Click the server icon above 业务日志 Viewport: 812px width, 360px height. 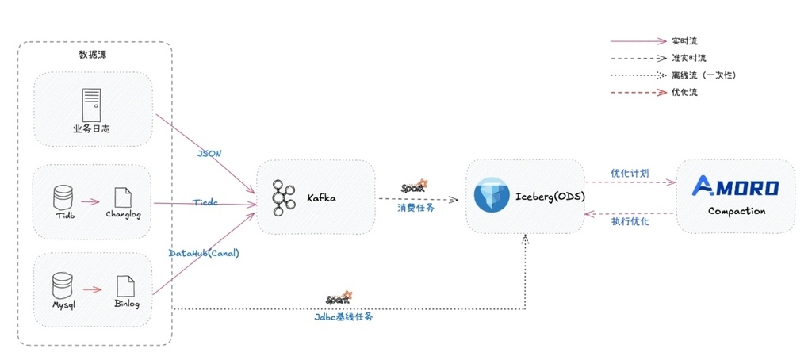tap(92, 105)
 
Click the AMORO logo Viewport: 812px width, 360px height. tap(735, 186)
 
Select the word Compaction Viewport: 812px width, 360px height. tap(737, 212)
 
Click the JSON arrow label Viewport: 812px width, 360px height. tap(210, 152)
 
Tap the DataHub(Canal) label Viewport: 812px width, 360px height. tap(204, 253)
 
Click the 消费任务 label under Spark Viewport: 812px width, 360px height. tap(414, 207)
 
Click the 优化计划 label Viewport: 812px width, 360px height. tap(630, 172)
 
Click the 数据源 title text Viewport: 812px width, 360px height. tap(94, 55)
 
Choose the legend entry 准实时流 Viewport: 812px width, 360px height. tap(688, 58)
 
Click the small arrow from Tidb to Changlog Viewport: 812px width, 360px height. tap(89, 202)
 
